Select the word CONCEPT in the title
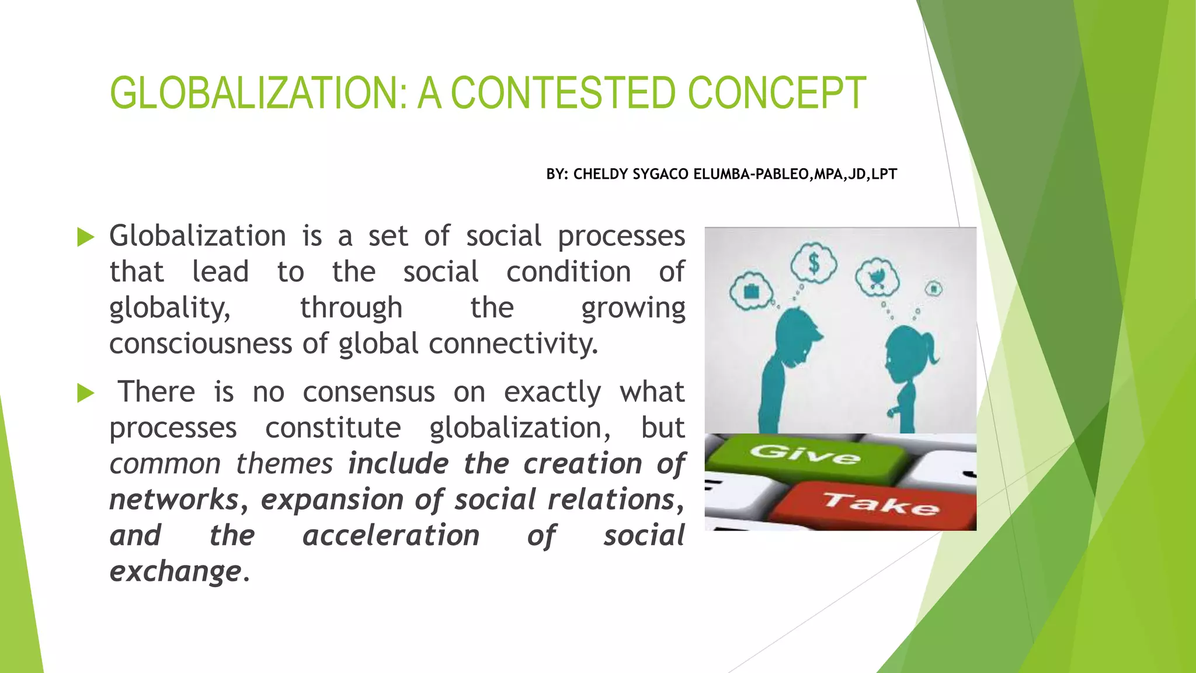click(777, 93)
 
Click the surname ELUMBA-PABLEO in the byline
click(750, 174)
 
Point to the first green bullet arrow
click(85, 237)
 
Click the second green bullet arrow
click(85, 393)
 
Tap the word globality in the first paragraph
click(169, 308)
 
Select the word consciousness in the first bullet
click(200, 344)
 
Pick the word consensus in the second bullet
click(368, 392)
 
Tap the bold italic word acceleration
click(391, 536)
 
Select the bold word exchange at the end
click(175, 571)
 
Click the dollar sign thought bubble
click(813, 263)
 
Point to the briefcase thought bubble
click(751, 291)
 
